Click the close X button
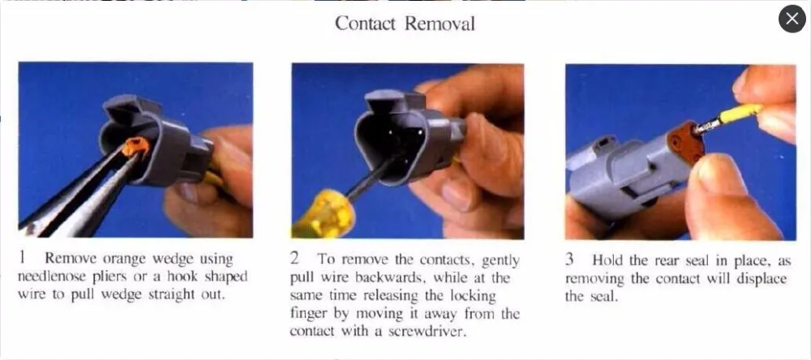coord(792,19)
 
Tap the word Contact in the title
coord(365,24)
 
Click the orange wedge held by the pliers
coord(135,147)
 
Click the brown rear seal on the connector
coord(685,143)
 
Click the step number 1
coord(22,258)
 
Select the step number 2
coord(295,258)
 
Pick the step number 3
coord(569,260)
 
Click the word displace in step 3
coord(763,279)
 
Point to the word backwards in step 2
coord(392,277)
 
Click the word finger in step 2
coord(306,314)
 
